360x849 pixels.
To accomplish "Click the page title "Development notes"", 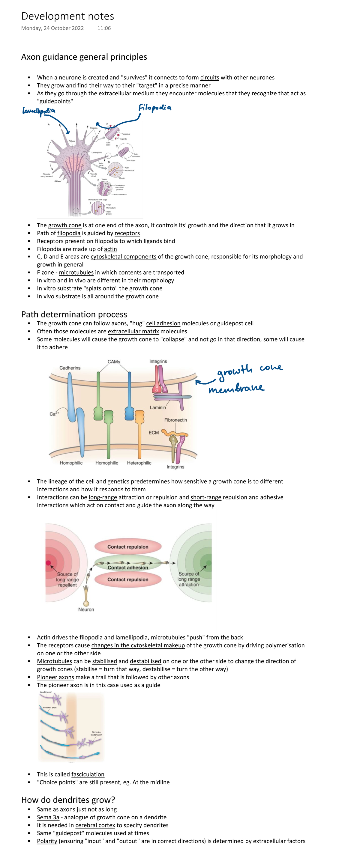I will [67, 16].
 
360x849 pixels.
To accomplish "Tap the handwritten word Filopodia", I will [154, 108].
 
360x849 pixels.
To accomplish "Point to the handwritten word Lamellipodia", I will [39, 111].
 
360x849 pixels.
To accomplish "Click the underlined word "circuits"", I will [209, 77].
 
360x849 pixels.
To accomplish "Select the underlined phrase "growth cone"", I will [64, 225].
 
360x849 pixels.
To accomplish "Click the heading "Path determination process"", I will [74, 314].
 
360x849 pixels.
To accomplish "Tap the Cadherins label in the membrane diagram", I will [70, 368].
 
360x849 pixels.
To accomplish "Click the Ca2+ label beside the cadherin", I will [54, 414].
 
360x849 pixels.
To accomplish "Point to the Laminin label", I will [157, 407].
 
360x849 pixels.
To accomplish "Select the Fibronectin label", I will [175, 420].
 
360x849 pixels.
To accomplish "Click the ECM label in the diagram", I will [154, 432].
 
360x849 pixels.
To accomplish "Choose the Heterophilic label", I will [139, 463].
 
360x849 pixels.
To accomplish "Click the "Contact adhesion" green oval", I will [128, 567].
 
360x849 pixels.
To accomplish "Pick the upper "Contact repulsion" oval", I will [128, 547].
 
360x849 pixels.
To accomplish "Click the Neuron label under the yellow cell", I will [86, 609].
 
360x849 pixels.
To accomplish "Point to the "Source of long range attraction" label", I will [189, 579].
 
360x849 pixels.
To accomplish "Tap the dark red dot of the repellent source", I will [49, 563].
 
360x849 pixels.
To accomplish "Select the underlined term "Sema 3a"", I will [48, 817].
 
